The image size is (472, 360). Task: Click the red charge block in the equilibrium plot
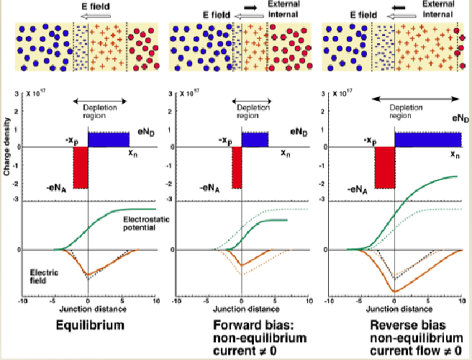point(80,168)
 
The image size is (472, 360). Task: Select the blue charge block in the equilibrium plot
point(108,139)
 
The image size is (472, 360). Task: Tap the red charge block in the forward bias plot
point(237,168)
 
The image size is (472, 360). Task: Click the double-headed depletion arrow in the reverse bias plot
point(416,99)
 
